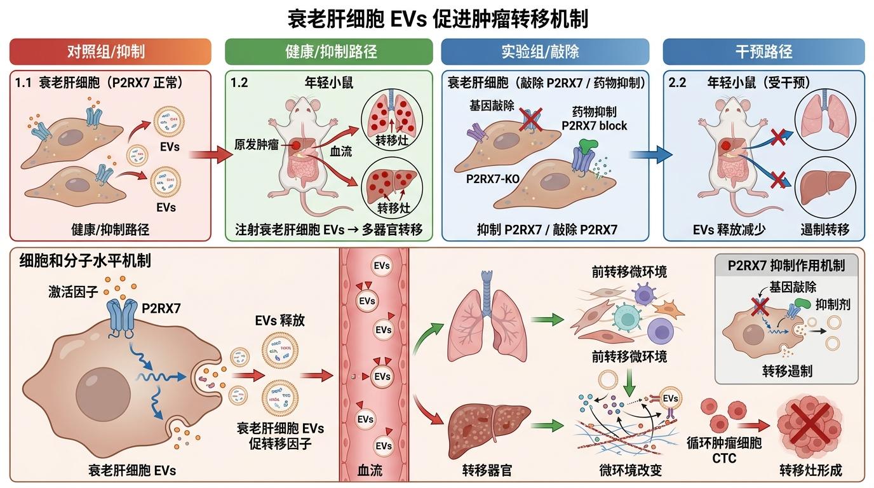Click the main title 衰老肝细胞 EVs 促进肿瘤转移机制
click(x=438, y=18)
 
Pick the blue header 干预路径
click(x=764, y=51)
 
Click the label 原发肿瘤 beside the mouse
click(x=257, y=145)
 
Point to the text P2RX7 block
click(x=595, y=125)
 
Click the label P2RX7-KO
click(x=492, y=179)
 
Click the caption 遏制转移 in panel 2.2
click(x=824, y=229)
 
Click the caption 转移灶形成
click(x=810, y=470)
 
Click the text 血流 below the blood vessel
click(x=370, y=470)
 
